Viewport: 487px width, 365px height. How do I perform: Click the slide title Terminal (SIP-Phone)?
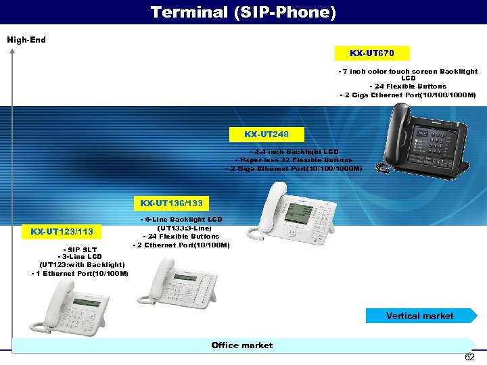click(243, 12)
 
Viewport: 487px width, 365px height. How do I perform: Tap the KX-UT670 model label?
click(371, 53)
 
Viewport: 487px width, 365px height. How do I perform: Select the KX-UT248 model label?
click(256, 135)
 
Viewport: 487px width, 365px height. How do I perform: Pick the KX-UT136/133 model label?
click(171, 203)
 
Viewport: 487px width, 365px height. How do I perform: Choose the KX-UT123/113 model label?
click(62, 232)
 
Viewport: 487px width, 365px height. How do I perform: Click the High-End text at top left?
click(26, 40)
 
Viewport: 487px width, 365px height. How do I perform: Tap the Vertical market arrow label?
click(420, 316)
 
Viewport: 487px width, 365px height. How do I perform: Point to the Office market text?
click(241, 345)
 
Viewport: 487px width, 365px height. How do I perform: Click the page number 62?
click(469, 357)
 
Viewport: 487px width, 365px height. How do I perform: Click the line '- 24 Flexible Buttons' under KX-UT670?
click(408, 87)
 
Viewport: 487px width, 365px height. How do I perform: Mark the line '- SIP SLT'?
click(79, 249)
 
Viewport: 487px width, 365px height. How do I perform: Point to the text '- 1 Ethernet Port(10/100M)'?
click(79, 273)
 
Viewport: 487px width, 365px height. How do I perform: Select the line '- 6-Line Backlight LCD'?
click(181, 220)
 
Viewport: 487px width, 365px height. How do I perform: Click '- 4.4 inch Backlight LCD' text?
click(294, 152)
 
